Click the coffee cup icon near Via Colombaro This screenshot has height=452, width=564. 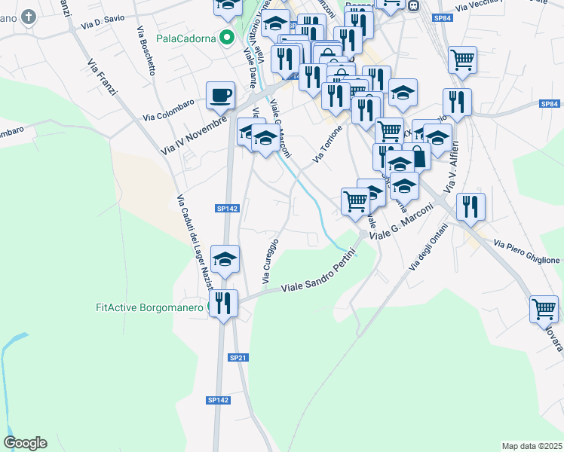(220, 95)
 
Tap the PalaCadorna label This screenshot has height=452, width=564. (186, 38)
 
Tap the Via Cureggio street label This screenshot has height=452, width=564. (270, 261)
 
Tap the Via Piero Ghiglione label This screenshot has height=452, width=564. (527, 252)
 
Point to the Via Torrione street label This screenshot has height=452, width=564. (328, 144)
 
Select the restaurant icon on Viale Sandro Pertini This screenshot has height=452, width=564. (223, 303)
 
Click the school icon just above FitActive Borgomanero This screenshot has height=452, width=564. (225, 259)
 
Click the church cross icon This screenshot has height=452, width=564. (29, 17)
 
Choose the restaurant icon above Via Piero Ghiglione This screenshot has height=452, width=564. (471, 205)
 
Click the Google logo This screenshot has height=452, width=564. (25, 442)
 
